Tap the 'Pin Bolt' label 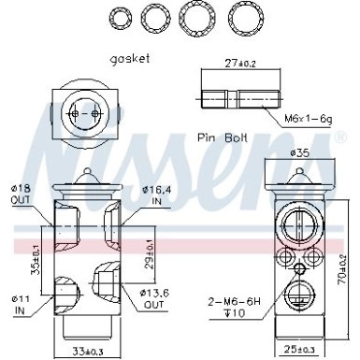click(223, 137)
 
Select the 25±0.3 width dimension click(298, 350)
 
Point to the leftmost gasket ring click(120, 18)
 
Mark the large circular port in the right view click(298, 224)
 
